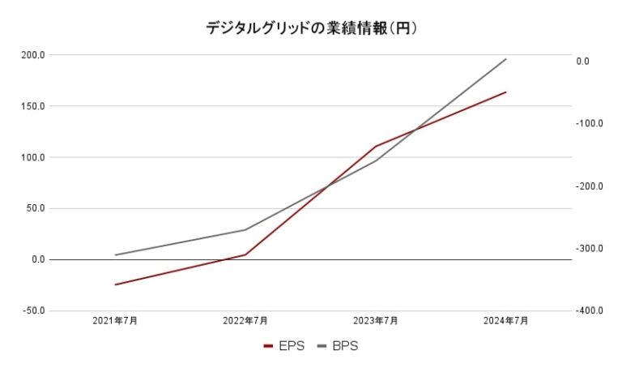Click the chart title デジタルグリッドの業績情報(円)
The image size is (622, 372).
[311, 28]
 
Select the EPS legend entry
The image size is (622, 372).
[284, 346]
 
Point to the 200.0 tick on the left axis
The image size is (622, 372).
[33, 55]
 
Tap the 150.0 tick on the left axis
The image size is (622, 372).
[33, 106]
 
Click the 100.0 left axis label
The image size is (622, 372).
[33, 157]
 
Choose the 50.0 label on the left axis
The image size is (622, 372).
[36, 208]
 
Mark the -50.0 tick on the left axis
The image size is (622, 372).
[34, 310]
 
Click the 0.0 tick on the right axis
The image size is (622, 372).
[583, 62]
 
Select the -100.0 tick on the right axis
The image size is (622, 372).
[590, 124]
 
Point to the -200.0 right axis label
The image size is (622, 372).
[590, 186]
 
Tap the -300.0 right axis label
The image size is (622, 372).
[590, 249]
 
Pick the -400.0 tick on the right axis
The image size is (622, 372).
[590, 311]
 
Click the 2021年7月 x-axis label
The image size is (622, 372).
[115, 321]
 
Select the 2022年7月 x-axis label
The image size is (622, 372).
[245, 321]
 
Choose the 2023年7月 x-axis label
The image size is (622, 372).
[376, 321]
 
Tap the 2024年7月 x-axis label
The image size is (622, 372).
[506, 321]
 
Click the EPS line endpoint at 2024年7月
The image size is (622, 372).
[506, 92]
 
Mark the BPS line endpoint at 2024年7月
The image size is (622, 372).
[506, 58]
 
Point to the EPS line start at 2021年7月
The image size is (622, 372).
[115, 284]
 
